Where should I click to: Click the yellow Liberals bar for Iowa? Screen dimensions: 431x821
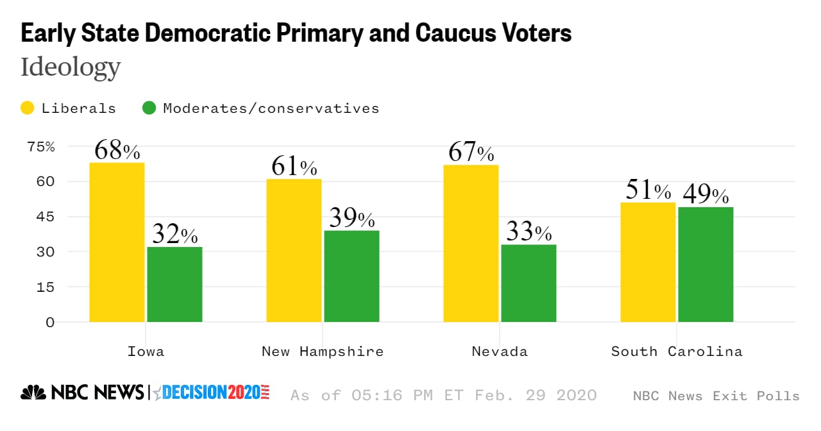(117, 242)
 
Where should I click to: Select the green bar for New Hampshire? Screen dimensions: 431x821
(351, 276)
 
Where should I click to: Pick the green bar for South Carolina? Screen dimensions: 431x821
(706, 264)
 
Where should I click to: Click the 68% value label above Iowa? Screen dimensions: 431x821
(117, 151)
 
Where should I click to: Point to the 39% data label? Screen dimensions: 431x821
(351, 219)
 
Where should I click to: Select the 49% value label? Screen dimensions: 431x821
(706, 194)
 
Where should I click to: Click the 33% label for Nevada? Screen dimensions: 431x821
(529, 232)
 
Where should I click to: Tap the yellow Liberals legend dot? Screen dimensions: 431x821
(28, 108)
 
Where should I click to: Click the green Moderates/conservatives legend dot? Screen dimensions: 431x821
(149, 108)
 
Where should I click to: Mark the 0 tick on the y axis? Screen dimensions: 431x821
(50, 322)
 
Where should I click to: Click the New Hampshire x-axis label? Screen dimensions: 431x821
(323, 351)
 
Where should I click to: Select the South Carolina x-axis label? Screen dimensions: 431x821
(677, 351)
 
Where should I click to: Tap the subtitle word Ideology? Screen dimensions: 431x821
(71, 67)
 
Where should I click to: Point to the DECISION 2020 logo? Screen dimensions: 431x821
(212, 393)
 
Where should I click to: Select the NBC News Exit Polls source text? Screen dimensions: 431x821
(716, 396)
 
